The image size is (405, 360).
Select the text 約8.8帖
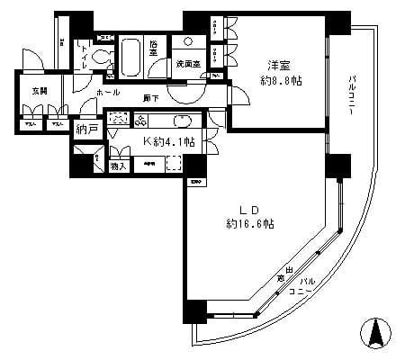pos(281,80)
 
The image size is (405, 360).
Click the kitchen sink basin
pos(181,121)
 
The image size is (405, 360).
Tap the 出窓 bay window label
pos(283,274)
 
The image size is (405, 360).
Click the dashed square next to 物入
pos(174,165)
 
